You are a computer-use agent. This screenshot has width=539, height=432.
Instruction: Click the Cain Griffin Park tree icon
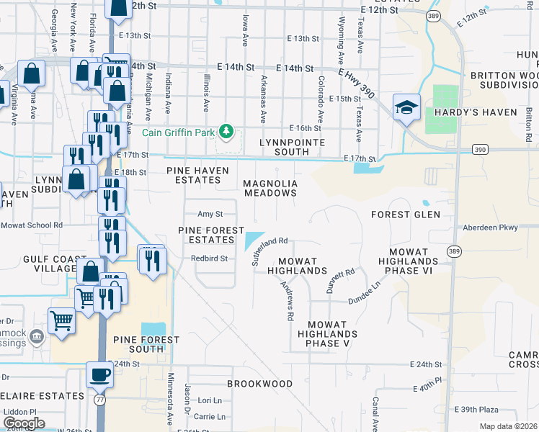point(226,130)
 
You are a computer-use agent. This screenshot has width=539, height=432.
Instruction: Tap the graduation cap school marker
point(406,107)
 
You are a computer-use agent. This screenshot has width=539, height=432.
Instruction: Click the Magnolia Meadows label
point(270,188)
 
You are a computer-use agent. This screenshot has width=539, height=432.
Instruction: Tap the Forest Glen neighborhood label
point(405,215)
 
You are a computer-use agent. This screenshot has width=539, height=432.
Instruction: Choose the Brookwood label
point(260,384)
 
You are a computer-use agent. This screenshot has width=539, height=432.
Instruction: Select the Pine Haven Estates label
point(197,175)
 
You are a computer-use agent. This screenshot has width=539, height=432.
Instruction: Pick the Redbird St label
point(209,258)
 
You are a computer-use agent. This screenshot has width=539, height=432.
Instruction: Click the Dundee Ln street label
point(365,293)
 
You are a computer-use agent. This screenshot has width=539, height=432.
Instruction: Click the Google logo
point(24,423)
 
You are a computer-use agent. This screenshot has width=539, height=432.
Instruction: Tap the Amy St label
point(210,214)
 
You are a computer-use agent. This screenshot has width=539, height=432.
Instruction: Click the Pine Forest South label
point(137,343)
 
